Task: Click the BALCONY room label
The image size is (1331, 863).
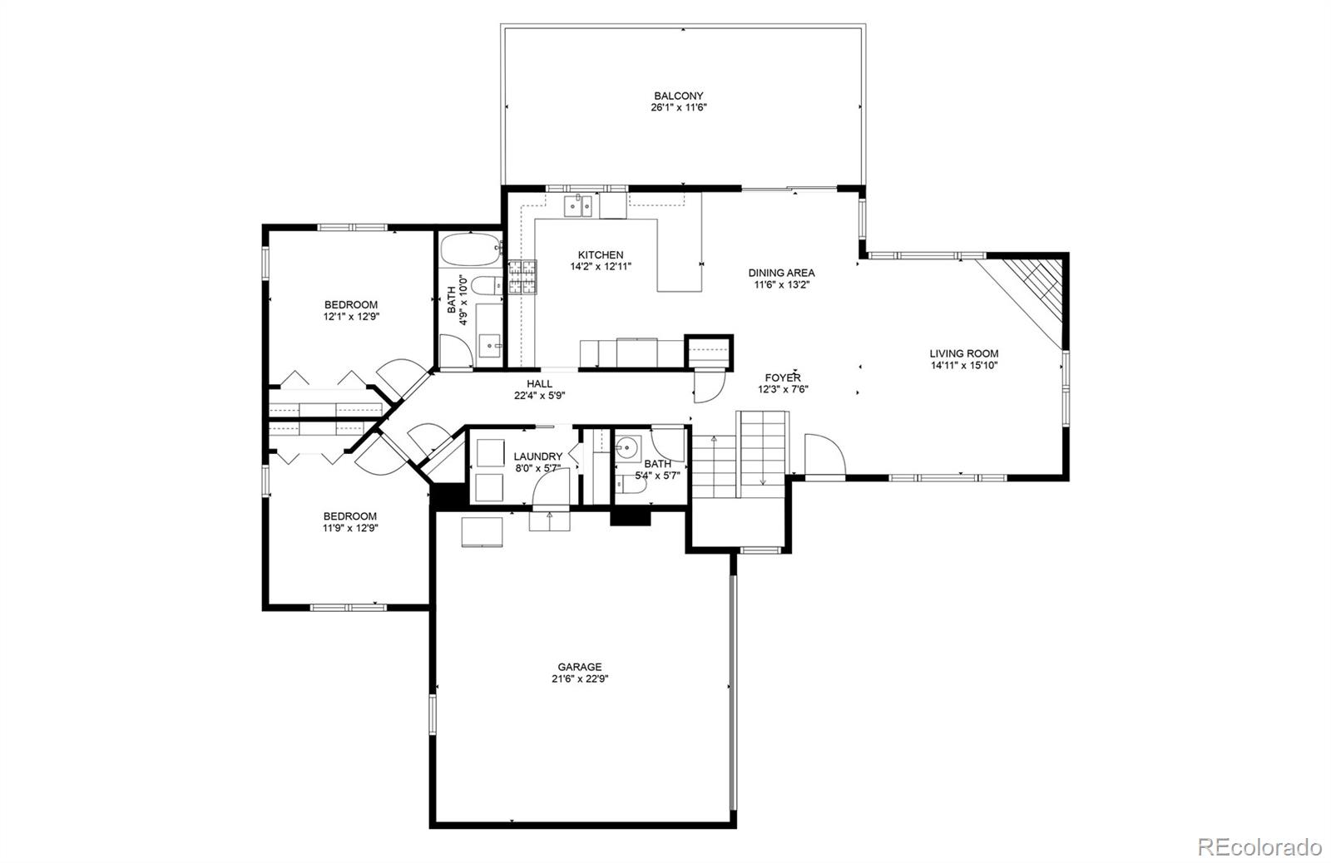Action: (678, 96)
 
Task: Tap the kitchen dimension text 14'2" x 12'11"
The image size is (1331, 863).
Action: (601, 268)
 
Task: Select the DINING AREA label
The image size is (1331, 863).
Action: (781, 273)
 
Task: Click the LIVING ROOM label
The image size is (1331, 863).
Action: (963, 353)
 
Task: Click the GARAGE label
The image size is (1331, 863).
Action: (579, 667)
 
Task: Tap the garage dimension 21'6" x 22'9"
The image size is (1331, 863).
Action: (579, 678)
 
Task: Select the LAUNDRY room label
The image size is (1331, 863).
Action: (537, 456)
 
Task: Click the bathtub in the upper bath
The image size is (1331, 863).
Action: (471, 248)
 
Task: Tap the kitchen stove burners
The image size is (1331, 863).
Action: (522, 278)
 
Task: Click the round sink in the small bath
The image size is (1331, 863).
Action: (625, 449)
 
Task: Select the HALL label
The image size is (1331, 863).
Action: (539, 383)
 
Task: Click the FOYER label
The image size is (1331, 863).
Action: (783, 377)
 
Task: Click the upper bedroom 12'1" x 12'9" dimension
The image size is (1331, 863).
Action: (351, 317)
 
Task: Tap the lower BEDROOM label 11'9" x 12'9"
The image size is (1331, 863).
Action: (350, 516)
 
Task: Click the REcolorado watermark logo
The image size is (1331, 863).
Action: (1259, 846)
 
